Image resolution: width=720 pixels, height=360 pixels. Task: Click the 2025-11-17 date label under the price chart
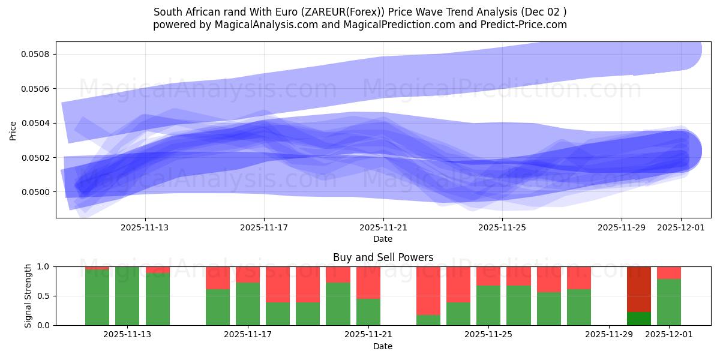(x=264, y=227)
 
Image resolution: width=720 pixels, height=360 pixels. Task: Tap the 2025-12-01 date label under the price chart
(x=680, y=227)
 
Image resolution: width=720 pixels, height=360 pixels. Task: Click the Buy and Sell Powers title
(x=383, y=257)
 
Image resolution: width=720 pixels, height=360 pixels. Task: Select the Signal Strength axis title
(x=28, y=296)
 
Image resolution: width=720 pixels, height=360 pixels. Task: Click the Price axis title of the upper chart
(x=13, y=130)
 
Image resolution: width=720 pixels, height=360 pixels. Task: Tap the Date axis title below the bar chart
(x=383, y=346)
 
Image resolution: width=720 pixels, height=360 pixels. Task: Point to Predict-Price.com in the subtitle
(x=524, y=25)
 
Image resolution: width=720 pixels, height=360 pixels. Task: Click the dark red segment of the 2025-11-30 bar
(x=638, y=288)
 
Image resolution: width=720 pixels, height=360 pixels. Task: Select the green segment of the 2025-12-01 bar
(x=668, y=302)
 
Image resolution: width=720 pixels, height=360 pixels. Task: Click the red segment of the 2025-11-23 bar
(x=428, y=290)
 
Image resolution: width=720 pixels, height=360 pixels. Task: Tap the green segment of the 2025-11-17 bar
(x=248, y=304)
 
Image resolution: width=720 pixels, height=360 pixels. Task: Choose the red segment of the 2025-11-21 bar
(x=368, y=282)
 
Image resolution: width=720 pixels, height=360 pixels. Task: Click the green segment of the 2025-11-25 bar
(x=488, y=305)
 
